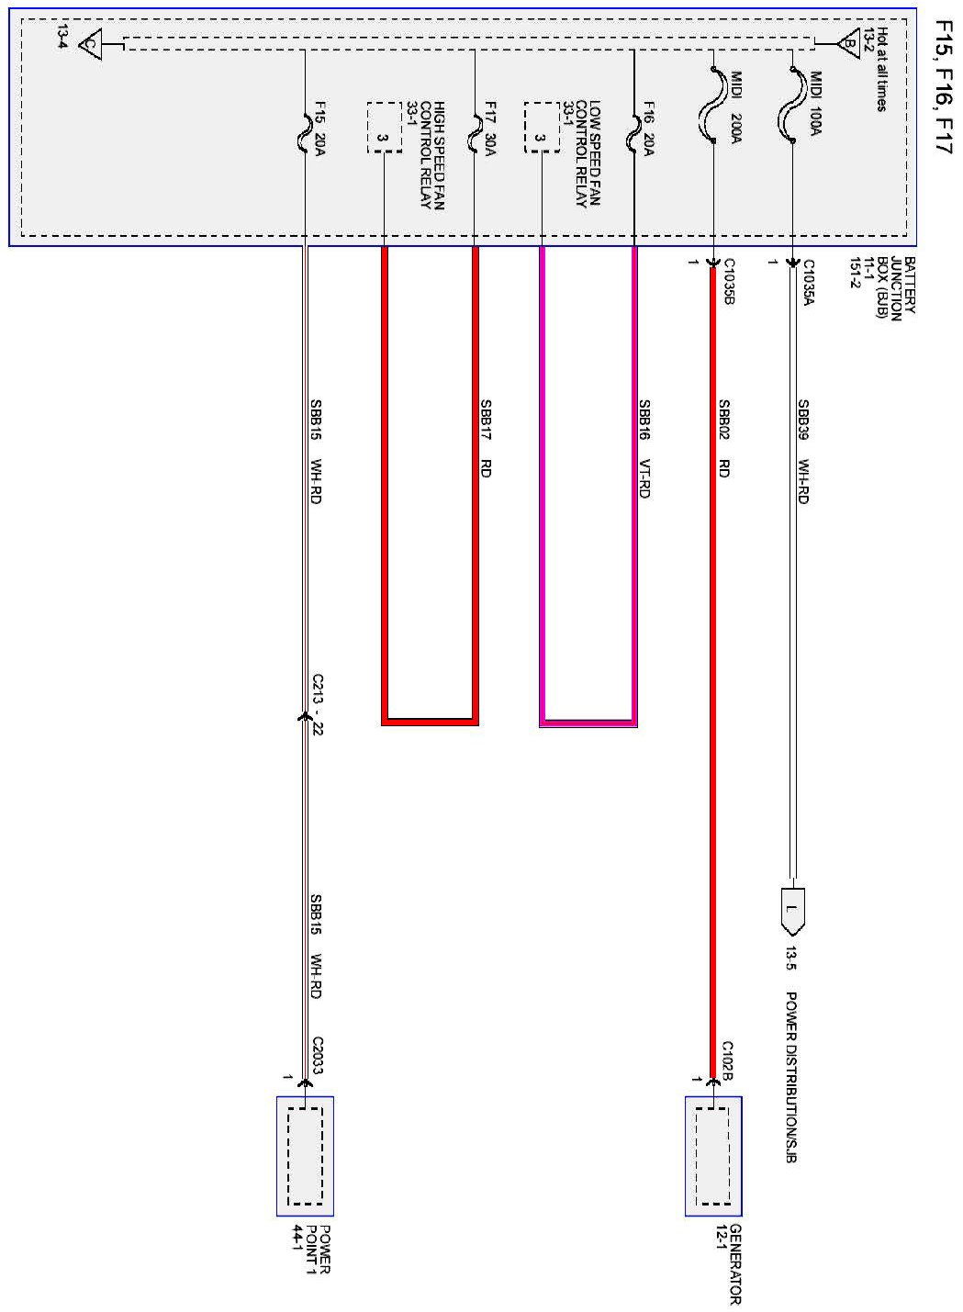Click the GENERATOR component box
712,1156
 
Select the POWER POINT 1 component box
305,1156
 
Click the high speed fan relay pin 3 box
384,129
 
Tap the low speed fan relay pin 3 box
542,129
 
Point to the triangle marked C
90,44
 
